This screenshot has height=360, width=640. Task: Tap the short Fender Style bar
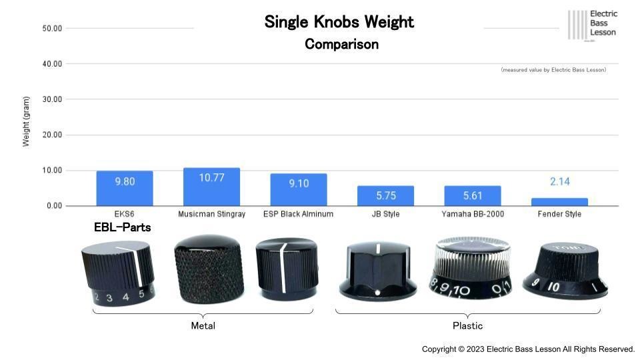point(559,202)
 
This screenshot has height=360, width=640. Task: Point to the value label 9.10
point(299,183)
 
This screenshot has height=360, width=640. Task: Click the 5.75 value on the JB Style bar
point(385,196)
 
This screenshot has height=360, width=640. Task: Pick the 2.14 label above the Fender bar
point(560,181)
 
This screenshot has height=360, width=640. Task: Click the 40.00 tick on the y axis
point(52,64)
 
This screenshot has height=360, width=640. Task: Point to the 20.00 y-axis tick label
point(52,135)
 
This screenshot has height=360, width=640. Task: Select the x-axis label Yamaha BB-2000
point(473,214)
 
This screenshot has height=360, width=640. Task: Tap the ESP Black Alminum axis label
point(298,214)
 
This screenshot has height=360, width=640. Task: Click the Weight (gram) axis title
point(27,121)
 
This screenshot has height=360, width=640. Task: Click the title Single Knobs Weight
point(339,22)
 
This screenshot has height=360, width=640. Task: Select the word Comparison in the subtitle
point(341,45)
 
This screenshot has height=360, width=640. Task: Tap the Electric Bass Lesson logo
point(593,24)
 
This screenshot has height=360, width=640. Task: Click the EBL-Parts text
point(122,227)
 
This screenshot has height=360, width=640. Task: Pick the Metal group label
point(203,326)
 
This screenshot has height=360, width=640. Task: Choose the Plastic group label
point(467,326)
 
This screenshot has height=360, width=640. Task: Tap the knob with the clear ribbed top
point(471,267)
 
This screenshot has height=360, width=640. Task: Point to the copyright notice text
point(528,349)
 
